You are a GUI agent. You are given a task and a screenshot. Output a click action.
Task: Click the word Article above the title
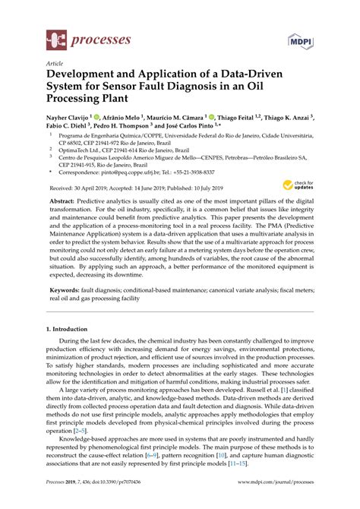(55, 65)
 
